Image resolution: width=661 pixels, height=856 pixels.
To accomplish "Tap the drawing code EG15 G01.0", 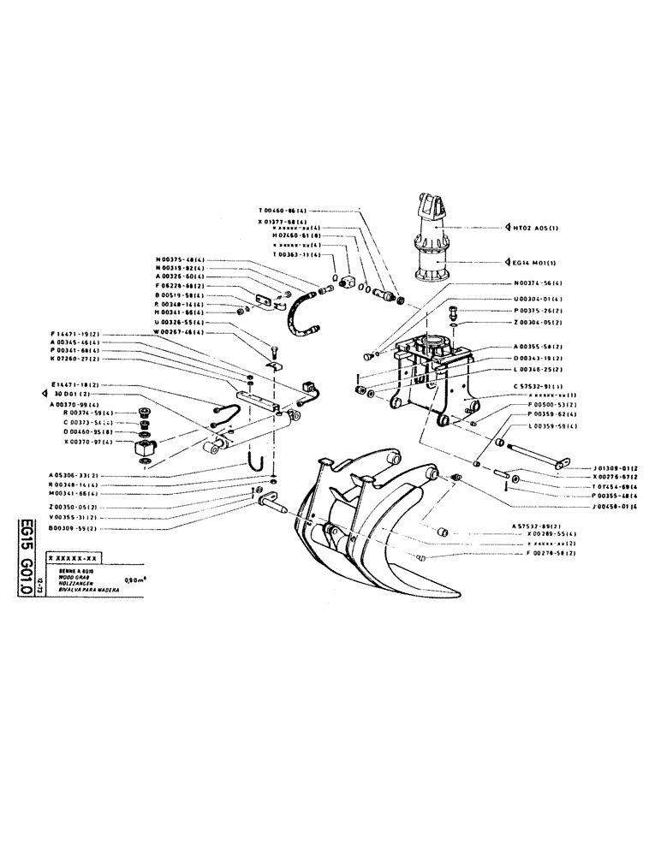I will tap(27, 557).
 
